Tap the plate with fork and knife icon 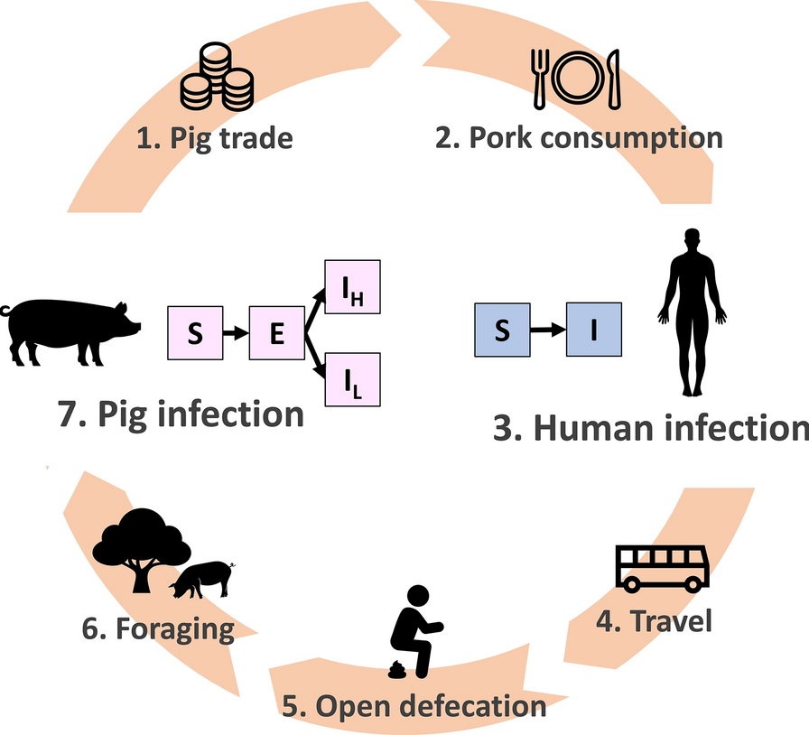tap(576, 76)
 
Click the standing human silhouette tap(693, 312)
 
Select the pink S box tap(195, 333)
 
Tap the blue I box tap(593, 330)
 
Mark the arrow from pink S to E tap(236, 333)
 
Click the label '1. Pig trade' tap(215, 138)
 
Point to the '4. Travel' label tap(655, 621)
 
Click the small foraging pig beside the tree tap(201, 578)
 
